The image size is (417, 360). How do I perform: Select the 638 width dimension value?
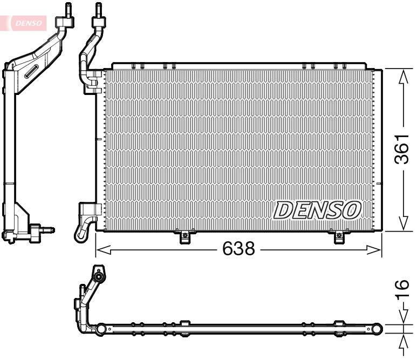[238, 249]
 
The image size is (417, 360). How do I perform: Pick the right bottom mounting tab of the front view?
[338, 236]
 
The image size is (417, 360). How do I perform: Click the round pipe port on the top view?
[99, 276]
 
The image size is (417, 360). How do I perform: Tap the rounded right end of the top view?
[377, 328]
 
